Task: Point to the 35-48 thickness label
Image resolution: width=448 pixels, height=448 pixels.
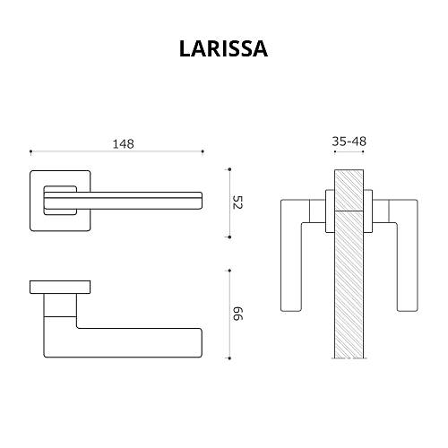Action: click(x=349, y=142)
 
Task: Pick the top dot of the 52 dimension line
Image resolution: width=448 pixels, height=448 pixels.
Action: click(x=228, y=168)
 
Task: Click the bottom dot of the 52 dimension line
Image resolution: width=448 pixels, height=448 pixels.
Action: click(x=228, y=237)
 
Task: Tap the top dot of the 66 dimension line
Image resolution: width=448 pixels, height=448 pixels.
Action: click(x=228, y=270)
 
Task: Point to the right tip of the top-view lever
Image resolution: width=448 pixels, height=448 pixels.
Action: click(x=202, y=200)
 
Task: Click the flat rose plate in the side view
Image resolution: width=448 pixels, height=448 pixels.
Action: click(x=60, y=286)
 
